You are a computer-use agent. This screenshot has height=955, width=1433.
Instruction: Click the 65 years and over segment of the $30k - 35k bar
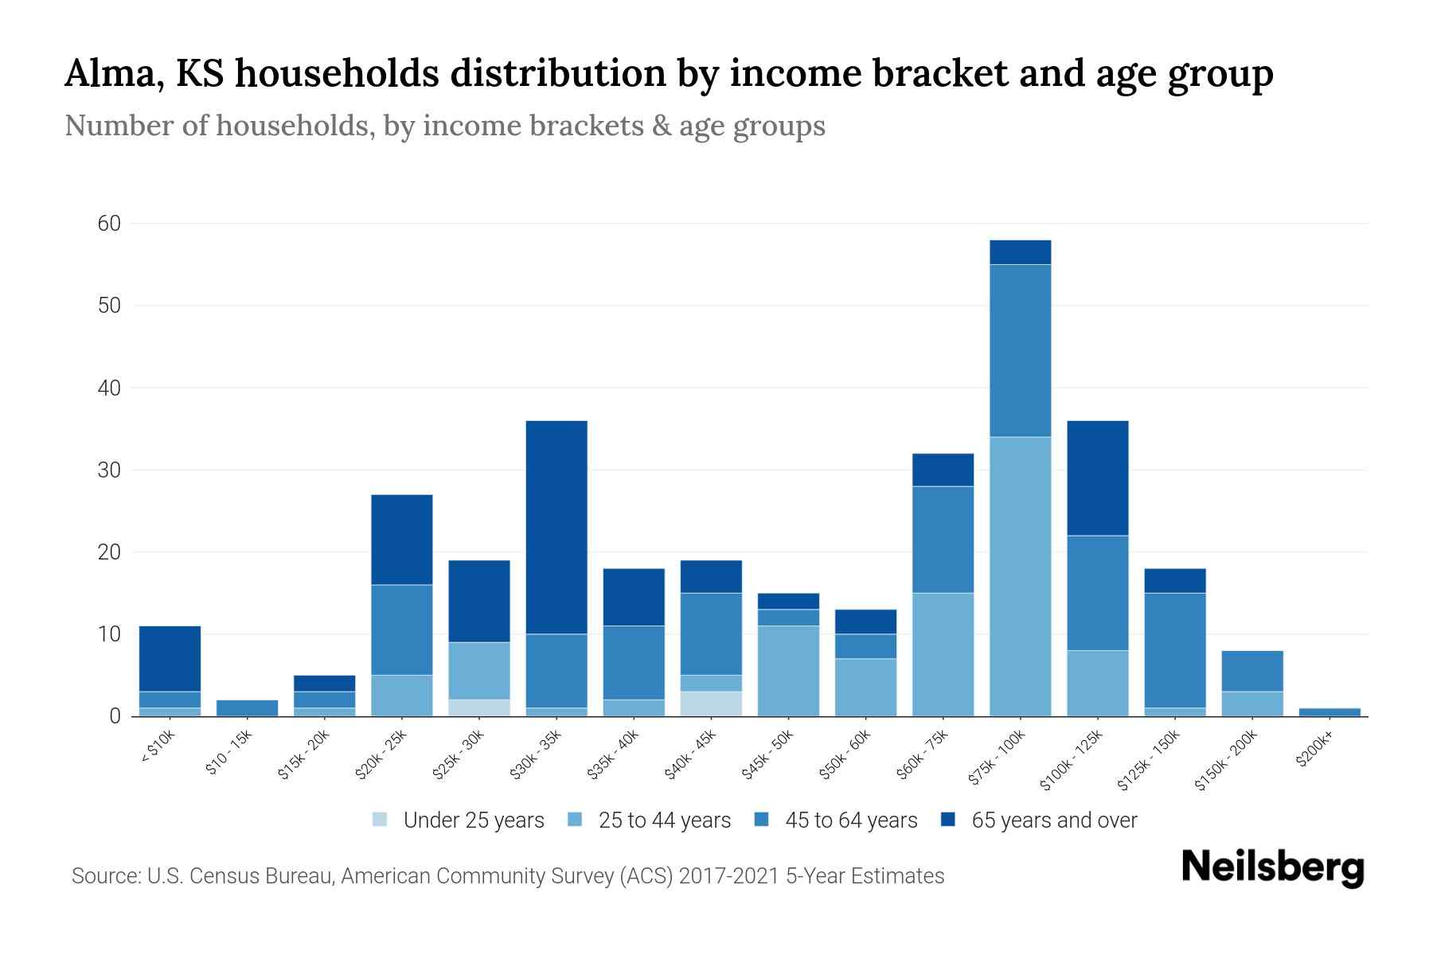[x=556, y=527]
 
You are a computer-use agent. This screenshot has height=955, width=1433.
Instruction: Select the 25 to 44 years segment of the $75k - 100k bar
[x=1020, y=576]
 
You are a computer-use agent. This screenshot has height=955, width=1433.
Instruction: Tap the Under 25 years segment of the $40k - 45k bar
[x=711, y=704]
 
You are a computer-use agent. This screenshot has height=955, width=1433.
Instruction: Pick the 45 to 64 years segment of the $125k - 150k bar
[x=1175, y=650]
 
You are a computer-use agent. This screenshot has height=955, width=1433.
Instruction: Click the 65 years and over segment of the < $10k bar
[x=170, y=658]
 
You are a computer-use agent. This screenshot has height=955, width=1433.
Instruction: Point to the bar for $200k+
[x=1330, y=712]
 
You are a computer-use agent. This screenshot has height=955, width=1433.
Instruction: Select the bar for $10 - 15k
[x=247, y=708]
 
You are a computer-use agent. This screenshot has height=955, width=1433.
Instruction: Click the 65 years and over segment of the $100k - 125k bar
[x=1097, y=477]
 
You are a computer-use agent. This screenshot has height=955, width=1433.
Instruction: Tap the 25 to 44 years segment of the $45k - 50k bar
[x=788, y=671]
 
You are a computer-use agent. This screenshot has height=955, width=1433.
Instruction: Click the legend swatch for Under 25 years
[x=381, y=820]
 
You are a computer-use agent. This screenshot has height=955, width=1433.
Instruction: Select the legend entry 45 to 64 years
[x=851, y=821]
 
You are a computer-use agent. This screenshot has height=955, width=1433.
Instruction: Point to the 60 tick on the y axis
[x=110, y=224]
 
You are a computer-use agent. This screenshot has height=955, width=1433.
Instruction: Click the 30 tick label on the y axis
[x=110, y=470]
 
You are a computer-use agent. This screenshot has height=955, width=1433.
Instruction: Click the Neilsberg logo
[x=1272, y=867]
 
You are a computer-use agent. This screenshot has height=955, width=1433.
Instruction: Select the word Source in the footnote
[x=103, y=876]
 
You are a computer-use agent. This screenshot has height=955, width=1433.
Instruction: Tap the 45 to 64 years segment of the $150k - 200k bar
[x=1252, y=671]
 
